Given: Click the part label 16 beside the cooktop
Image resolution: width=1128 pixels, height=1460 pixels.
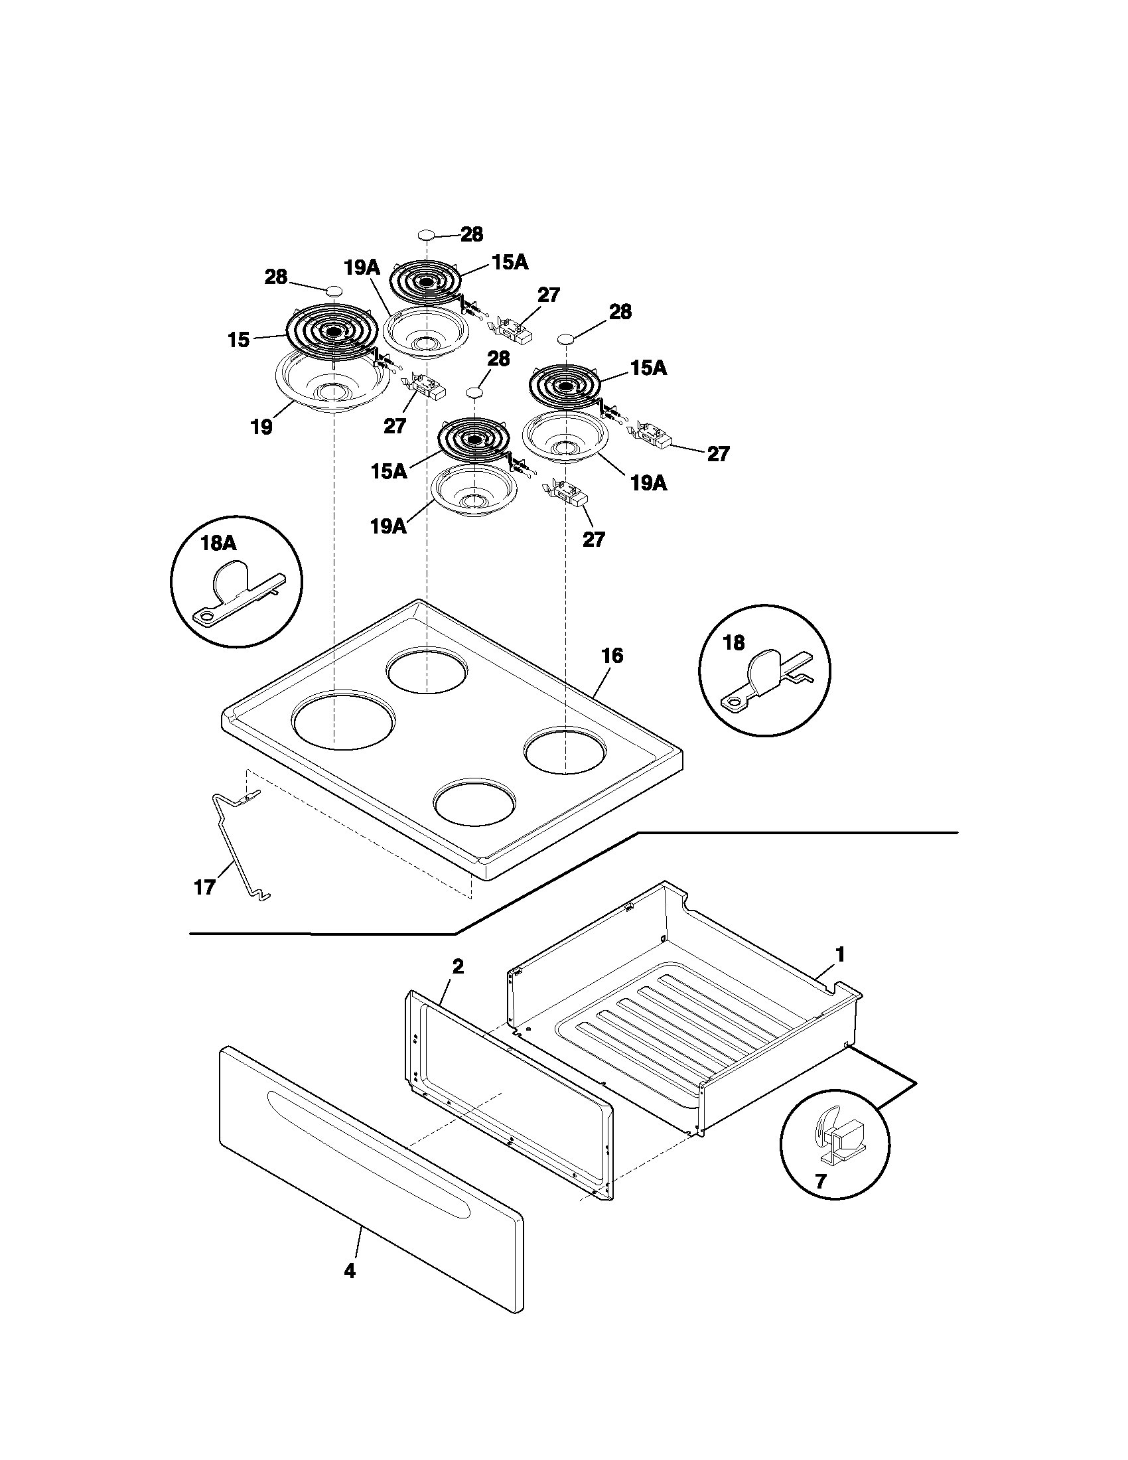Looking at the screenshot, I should pyautogui.click(x=612, y=655).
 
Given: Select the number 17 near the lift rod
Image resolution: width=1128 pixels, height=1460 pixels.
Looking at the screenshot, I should pyautogui.click(x=204, y=887).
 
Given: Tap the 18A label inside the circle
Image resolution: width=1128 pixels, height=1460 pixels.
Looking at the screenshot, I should pyautogui.click(x=218, y=543).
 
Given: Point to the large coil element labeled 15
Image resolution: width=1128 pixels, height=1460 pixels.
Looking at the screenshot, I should pyautogui.click(x=332, y=330).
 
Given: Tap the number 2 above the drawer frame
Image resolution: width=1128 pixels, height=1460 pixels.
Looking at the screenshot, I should pyautogui.click(x=458, y=966).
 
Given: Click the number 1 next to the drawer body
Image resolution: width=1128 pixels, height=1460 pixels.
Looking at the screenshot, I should pyautogui.click(x=841, y=955).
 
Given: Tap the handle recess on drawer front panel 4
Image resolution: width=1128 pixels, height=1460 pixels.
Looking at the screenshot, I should pyautogui.click(x=368, y=1150).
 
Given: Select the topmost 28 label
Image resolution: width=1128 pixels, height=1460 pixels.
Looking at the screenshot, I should pyautogui.click(x=471, y=235).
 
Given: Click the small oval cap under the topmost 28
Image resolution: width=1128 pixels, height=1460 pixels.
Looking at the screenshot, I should pyautogui.click(x=427, y=235).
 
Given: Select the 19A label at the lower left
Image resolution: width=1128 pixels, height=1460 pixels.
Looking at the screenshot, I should pyautogui.click(x=388, y=527).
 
